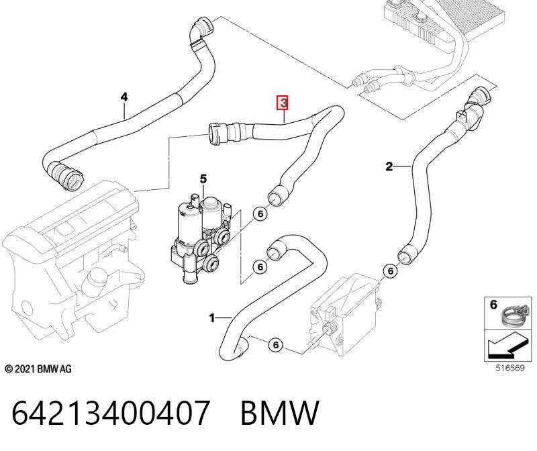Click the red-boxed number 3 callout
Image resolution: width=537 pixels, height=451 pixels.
tap(283, 103)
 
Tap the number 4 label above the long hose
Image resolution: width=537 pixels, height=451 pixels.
tap(124, 97)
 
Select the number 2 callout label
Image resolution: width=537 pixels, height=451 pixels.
tap(389, 166)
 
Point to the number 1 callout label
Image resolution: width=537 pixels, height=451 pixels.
tap(212, 318)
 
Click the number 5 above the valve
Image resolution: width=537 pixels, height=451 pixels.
tap(203, 179)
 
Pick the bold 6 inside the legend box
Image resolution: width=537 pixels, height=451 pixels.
tap(493, 305)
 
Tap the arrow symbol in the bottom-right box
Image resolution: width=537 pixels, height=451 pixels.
tap(507, 346)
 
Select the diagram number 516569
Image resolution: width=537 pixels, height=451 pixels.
tap(510, 368)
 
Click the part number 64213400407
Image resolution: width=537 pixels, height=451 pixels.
tap(110, 412)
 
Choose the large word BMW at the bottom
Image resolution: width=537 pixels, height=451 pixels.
tap(280, 412)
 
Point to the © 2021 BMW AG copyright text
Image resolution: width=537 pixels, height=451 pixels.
tap(38, 369)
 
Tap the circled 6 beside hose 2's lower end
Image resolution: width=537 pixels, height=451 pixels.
tap(391, 271)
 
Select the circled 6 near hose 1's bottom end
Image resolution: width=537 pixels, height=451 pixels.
tap(276, 345)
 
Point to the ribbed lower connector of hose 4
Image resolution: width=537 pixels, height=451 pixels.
tap(66, 175)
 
